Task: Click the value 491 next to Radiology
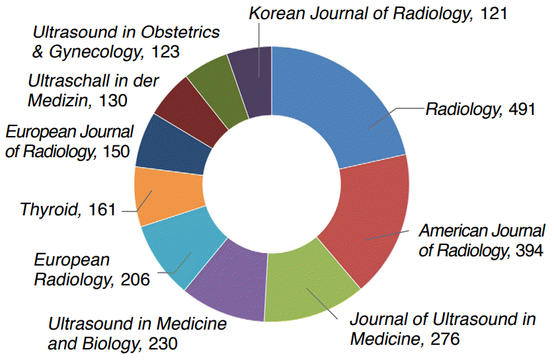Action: click(x=522, y=110)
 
